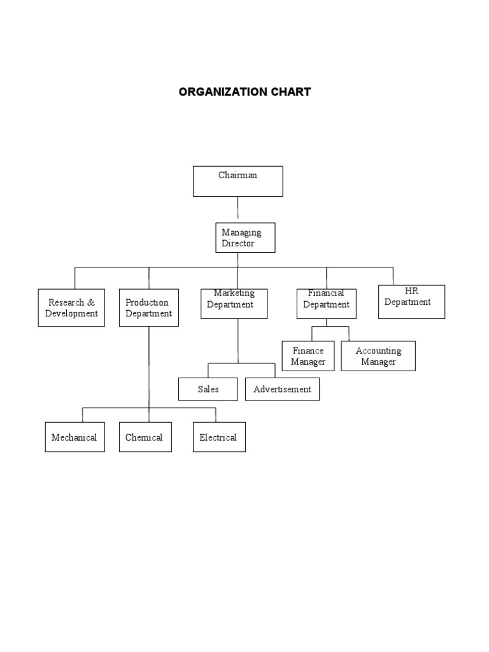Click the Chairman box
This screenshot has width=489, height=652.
tap(237, 181)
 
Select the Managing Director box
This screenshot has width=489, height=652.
tap(245, 237)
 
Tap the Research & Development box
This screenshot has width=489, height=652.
tap(71, 308)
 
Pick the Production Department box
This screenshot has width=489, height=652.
tap(149, 308)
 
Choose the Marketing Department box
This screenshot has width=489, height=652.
tap(234, 304)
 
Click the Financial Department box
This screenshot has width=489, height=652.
tap(326, 304)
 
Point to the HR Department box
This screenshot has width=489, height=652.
tap(411, 302)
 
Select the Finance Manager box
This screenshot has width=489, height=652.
tap(308, 356)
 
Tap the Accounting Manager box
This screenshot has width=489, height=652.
tap(378, 356)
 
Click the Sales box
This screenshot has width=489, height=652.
tap(208, 389)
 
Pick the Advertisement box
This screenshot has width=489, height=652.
tap(282, 389)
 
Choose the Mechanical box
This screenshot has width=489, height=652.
tap(74, 437)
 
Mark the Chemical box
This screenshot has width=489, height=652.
tap(145, 437)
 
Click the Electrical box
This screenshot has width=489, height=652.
tap(218, 437)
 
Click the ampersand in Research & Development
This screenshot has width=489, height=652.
tap(91, 302)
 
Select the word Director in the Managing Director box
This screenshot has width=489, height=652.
tap(237, 243)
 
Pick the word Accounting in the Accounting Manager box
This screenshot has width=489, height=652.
tap(378, 351)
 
